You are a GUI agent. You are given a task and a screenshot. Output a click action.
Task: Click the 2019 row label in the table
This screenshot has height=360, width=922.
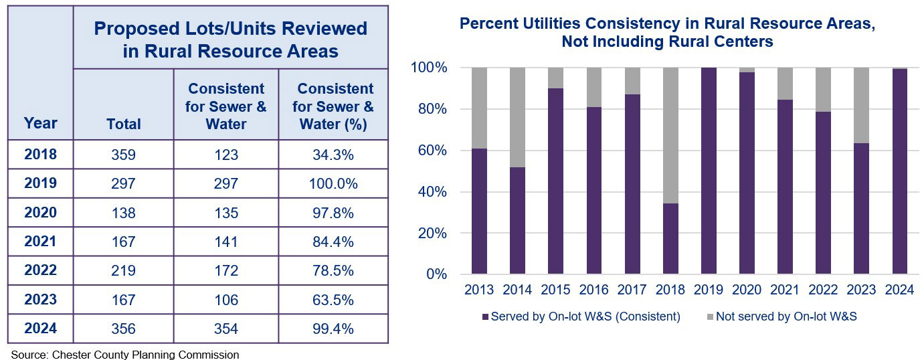tap(40, 183)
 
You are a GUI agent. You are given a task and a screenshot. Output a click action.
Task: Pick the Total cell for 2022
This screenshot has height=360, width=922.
tap(124, 270)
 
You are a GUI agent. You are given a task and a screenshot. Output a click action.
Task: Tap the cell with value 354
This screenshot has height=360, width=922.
tap(226, 329)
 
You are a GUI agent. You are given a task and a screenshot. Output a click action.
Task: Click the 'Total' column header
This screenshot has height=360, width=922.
tap(124, 124)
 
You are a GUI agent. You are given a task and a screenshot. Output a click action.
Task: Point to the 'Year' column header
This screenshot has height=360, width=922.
tap(40, 123)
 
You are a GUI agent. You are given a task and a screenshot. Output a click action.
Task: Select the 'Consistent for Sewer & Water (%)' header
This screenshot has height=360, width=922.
tap(335, 106)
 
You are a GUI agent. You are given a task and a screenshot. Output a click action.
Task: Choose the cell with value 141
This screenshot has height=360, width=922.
tap(226, 242)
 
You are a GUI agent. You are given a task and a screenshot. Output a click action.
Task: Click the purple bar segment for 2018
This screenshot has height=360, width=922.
tap(670, 238)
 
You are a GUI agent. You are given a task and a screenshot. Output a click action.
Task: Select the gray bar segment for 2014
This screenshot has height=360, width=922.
tap(518, 117)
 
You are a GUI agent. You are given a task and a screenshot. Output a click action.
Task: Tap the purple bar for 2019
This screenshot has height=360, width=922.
tap(709, 171)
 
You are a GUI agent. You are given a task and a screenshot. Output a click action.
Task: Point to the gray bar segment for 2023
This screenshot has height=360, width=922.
tap(861, 105)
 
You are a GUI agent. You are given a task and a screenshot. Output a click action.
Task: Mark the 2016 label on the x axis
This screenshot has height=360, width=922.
tap(594, 290)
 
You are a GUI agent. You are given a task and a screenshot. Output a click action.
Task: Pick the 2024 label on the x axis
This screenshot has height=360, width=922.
tap(899, 290)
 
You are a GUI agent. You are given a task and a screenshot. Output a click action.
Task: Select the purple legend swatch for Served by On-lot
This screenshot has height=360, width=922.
tap(484, 317)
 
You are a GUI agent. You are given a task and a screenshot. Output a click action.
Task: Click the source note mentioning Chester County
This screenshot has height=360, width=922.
tap(124, 355)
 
